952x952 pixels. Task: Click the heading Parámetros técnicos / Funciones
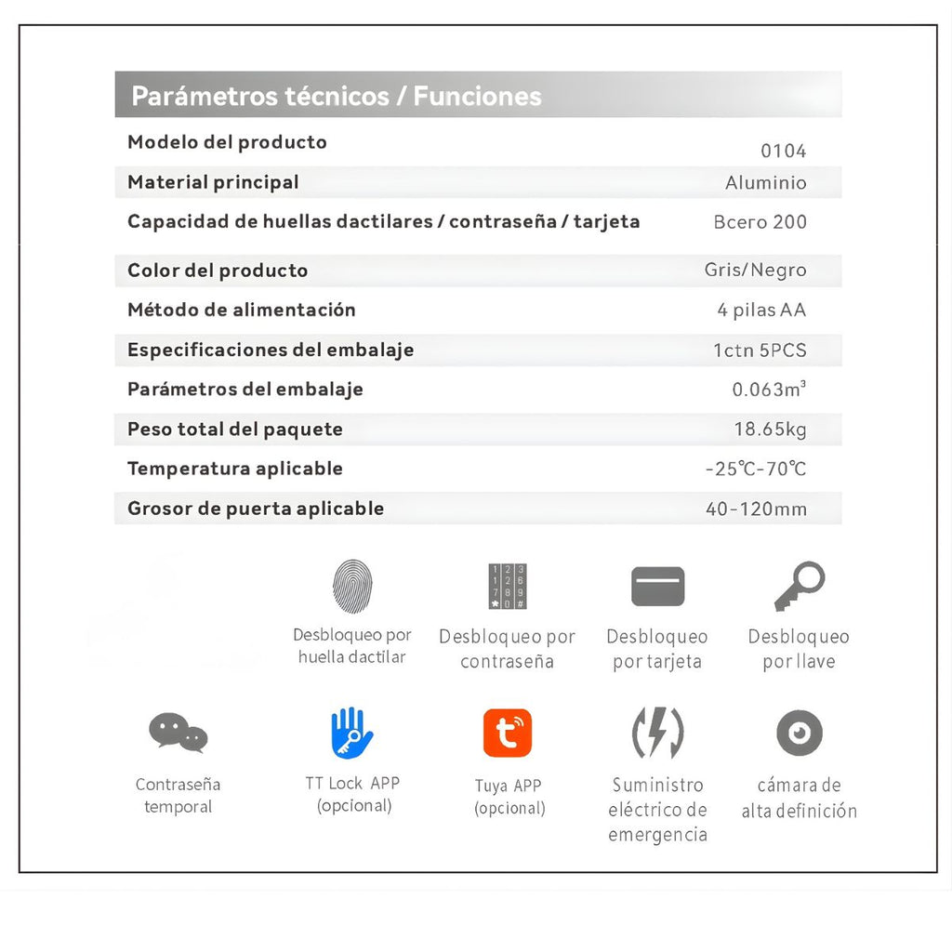point(336,96)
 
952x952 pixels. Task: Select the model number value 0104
point(783,152)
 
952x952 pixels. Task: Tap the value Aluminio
point(765,183)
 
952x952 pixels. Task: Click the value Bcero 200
point(760,222)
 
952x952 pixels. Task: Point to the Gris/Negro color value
point(755,271)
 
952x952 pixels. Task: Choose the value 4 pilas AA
point(761,311)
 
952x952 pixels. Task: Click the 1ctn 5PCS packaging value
point(760,350)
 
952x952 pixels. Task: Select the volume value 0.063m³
point(768,390)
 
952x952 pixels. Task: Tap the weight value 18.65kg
point(770,430)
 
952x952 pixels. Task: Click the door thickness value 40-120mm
point(756,509)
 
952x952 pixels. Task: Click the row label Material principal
point(213,182)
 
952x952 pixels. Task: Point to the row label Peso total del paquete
point(234,430)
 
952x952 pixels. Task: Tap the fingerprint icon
point(352,586)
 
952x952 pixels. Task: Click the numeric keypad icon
point(508,587)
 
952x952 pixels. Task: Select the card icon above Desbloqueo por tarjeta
point(657,587)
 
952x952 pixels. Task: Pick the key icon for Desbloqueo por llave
point(800,586)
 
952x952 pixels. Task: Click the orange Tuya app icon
point(508,733)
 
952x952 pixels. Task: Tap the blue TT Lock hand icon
point(352,733)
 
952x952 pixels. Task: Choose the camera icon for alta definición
point(800,733)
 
